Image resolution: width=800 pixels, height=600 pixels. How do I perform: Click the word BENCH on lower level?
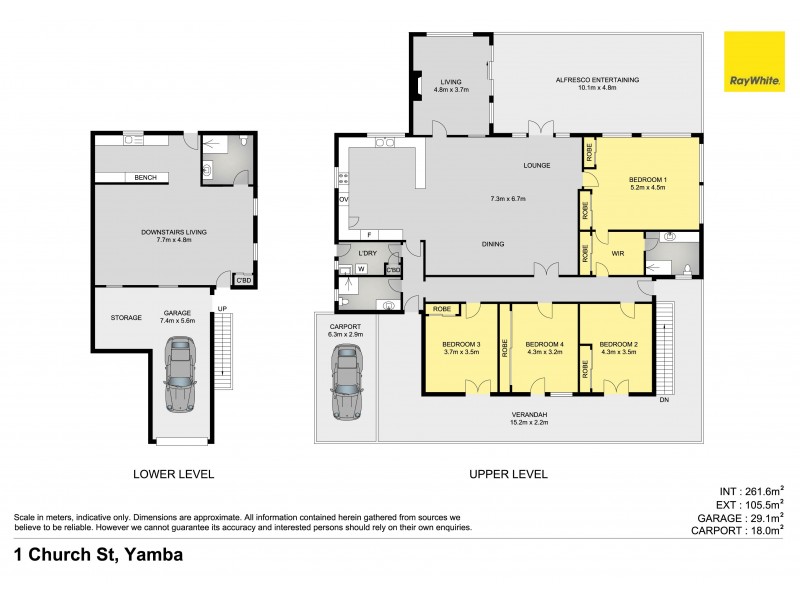click(144, 178)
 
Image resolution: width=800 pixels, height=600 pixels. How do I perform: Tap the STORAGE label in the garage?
click(125, 317)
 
